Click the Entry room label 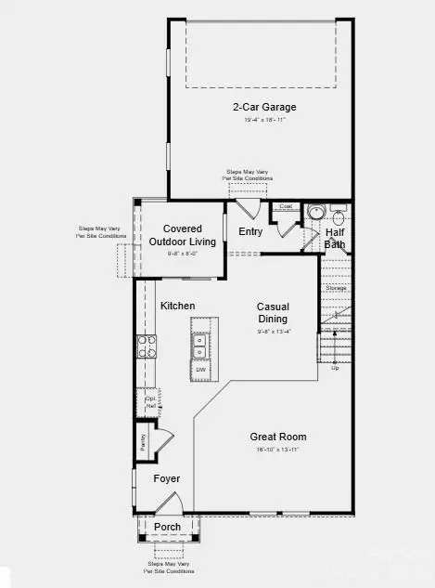pos(250,232)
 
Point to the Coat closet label pos(286,206)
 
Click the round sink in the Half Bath pos(314,213)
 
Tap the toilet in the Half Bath pos(339,218)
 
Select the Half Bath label pos(335,239)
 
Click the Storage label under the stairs pos(336,288)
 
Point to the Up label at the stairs pos(335,367)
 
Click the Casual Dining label pos(273,313)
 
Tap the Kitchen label pos(177,306)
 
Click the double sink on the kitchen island pos(200,346)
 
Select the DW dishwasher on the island pos(200,370)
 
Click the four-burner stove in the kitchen pos(147,346)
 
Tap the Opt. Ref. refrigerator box pos(150,401)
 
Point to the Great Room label pos(278,437)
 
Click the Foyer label pos(166,478)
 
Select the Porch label pos(167,527)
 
